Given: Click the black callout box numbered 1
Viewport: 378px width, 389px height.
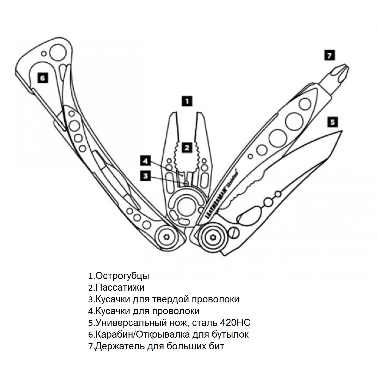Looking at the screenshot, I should point(188,101).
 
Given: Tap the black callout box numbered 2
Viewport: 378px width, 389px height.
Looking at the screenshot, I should point(187,147).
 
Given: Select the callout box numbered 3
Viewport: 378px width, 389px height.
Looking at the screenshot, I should point(146,176).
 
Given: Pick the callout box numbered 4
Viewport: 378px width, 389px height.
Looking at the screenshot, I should point(146,161).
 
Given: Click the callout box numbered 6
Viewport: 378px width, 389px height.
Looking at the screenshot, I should point(42,78).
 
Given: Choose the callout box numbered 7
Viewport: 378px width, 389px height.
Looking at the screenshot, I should point(330,55).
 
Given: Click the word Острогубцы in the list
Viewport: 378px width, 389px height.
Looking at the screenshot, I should point(122,276).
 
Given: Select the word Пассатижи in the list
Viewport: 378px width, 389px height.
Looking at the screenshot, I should point(120,288).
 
